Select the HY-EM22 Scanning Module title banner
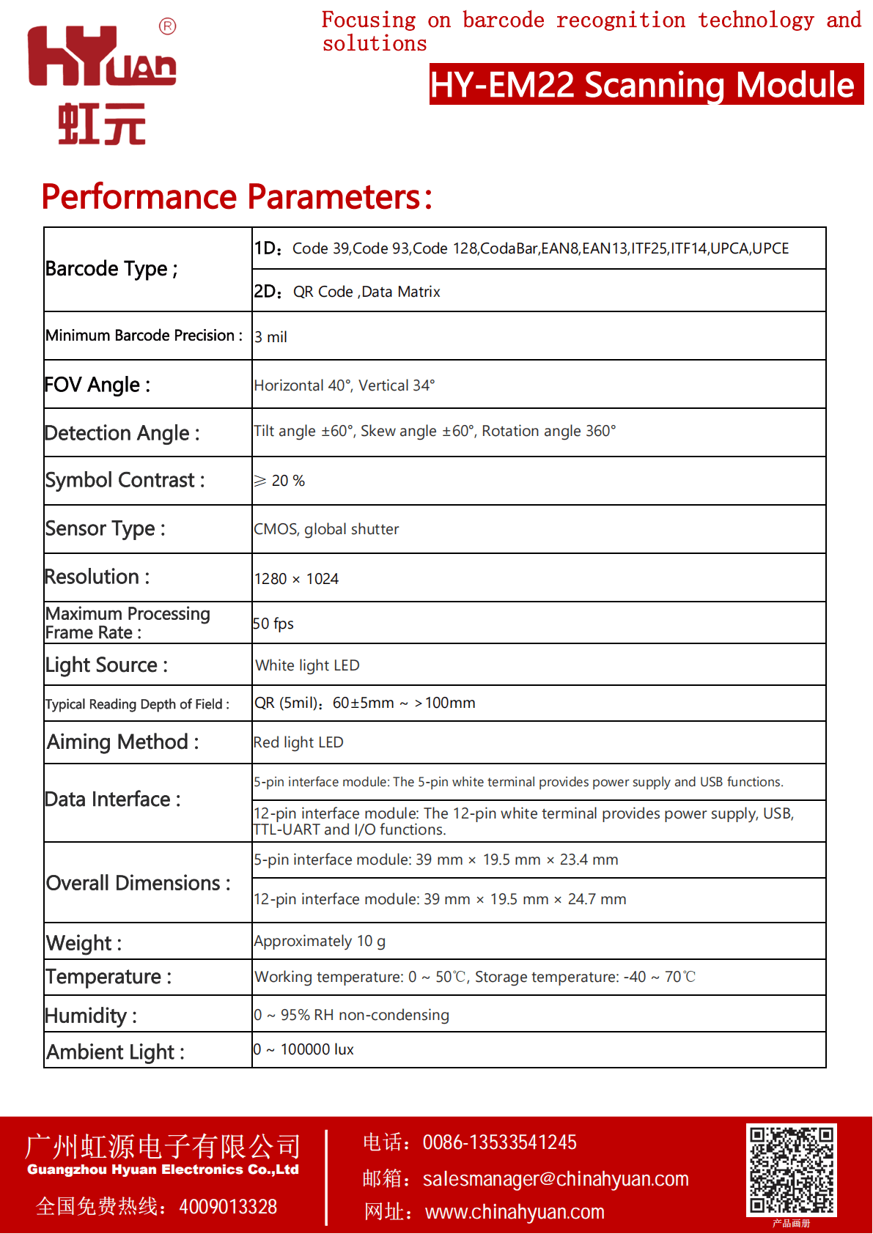point(645,84)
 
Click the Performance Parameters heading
point(237,196)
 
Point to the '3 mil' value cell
point(271,337)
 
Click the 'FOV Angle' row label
point(97,385)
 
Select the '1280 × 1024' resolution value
point(296,579)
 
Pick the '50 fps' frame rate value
point(273,624)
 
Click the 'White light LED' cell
point(307,665)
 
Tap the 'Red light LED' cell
point(298,742)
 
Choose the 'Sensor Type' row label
point(105,528)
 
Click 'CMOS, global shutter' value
point(326,529)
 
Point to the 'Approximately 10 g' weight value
point(320,941)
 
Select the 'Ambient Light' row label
point(115,1052)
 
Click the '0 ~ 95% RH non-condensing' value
point(352,1015)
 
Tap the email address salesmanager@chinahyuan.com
point(556,1178)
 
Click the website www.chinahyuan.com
point(515,1212)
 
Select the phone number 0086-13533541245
point(499,1142)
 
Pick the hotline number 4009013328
point(228,1206)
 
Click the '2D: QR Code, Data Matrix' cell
point(347,292)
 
